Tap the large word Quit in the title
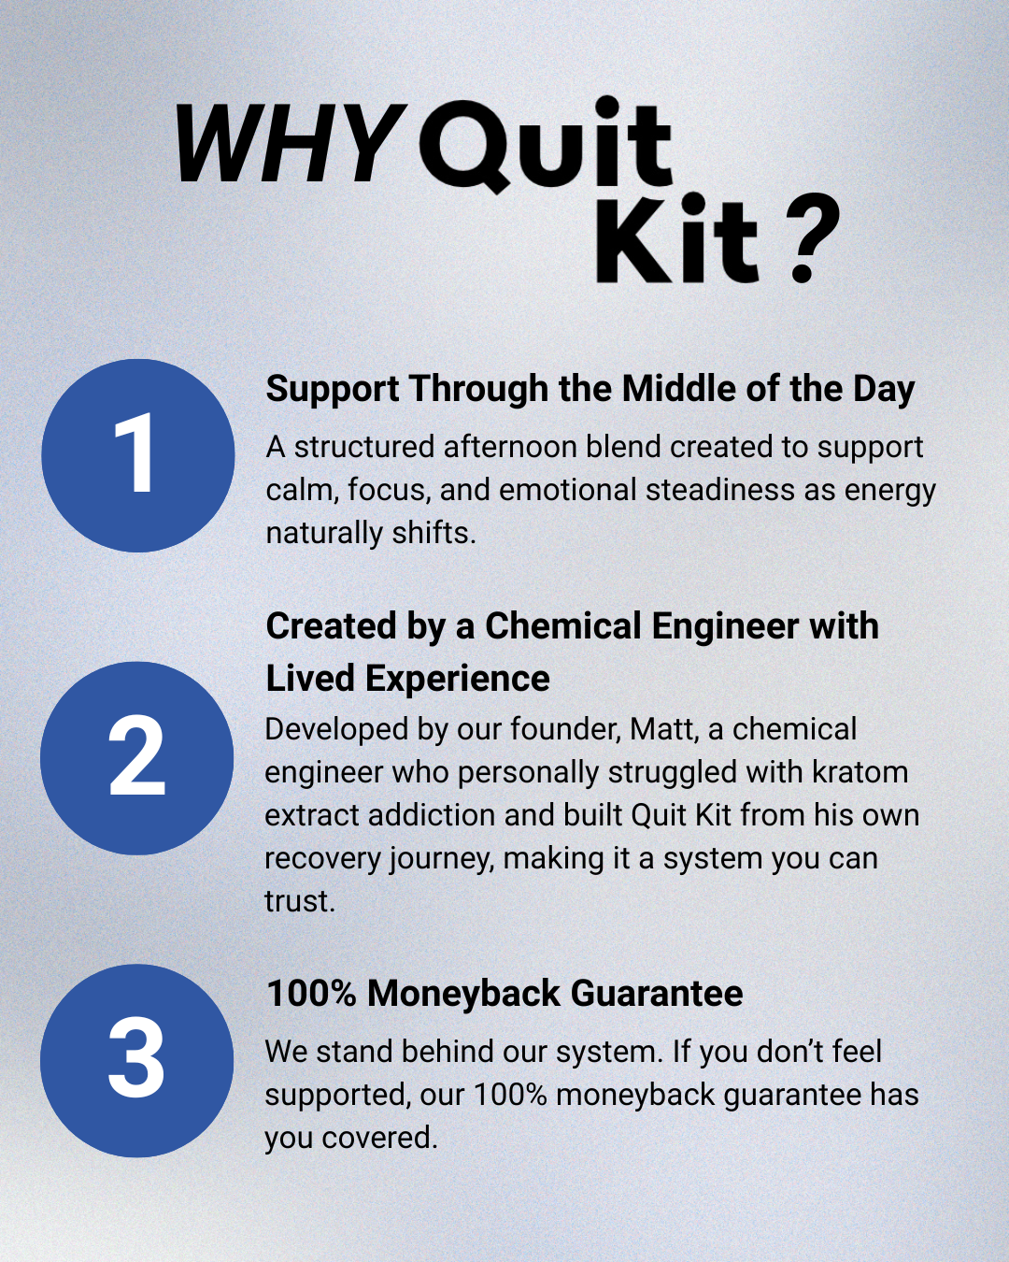546,145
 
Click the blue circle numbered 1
137,455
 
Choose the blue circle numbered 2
136,758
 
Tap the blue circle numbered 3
136,1060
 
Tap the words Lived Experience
407,679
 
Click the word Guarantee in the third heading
656,993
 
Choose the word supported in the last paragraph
337,1095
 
